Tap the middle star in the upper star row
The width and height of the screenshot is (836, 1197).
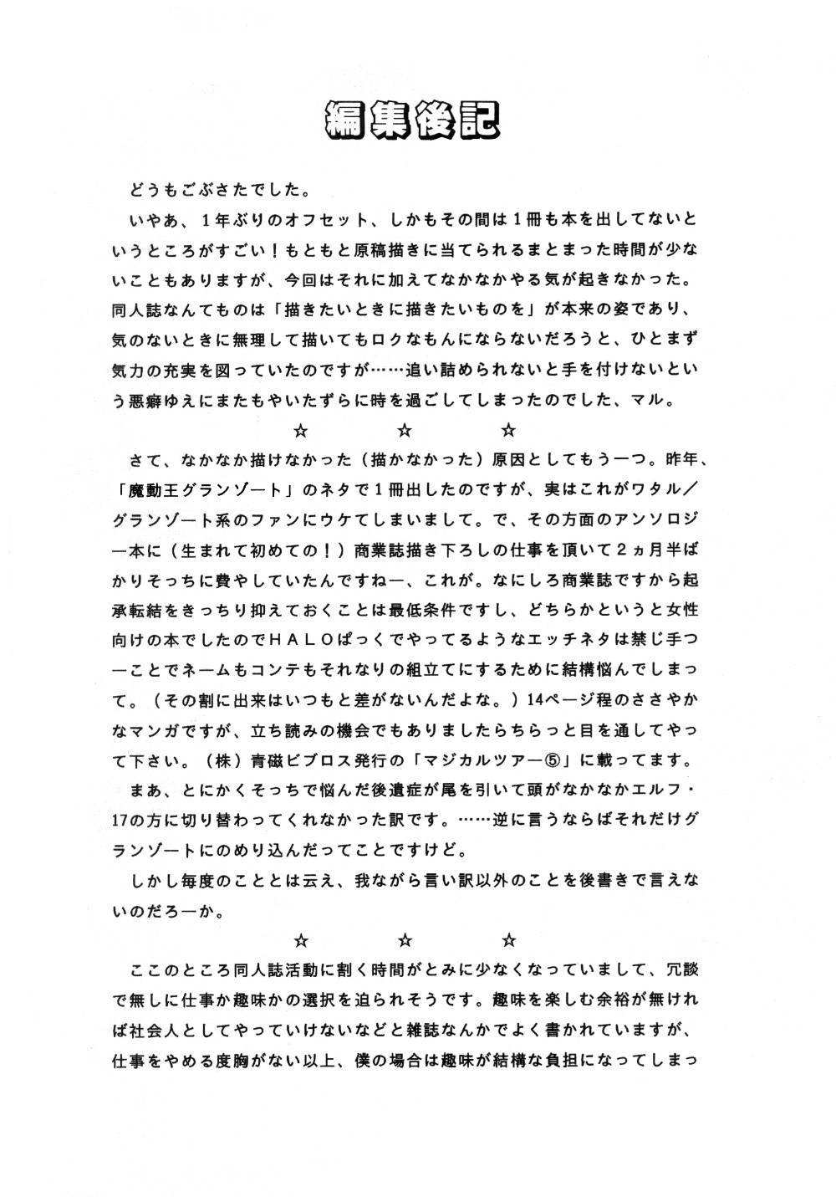click(x=404, y=431)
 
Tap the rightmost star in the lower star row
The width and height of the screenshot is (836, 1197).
click(x=509, y=939)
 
